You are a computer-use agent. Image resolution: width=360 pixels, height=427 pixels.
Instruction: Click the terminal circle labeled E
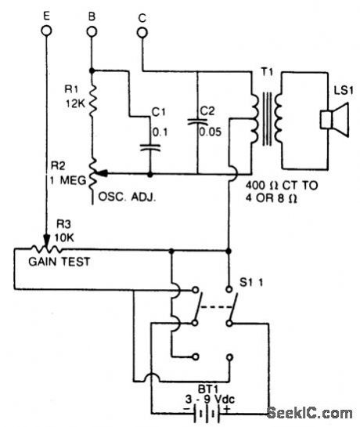pyautogui.click(x=47, y=31)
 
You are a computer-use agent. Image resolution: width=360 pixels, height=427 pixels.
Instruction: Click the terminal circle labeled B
pyautogui.click(x=92, y=31)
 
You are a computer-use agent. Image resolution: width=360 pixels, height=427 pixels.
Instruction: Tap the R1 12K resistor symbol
pyautogui.click(x=92, y=100)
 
